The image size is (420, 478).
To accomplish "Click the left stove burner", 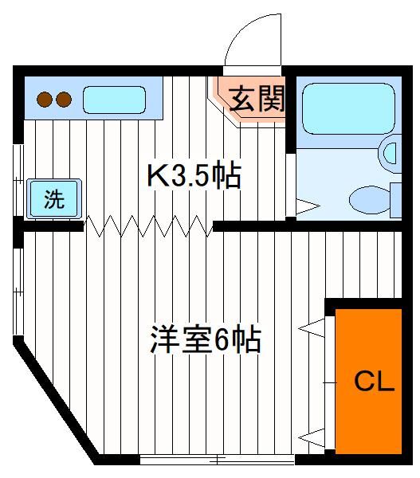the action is [45, 100].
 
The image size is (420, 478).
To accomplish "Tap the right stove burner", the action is [64, 100].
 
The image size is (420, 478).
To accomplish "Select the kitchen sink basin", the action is [114, 100].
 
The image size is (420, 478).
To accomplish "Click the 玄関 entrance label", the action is [256, 99].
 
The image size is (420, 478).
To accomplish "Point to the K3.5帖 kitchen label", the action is [194, 176].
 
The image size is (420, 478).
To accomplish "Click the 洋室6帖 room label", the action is [206, 339].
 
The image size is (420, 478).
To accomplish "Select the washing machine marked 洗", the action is [54, 198].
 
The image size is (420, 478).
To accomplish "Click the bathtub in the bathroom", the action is [348, 108].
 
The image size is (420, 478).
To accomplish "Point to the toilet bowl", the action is [370, 200].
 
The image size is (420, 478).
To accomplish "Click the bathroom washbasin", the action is [390, 153].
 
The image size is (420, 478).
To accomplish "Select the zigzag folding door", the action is [148, 226].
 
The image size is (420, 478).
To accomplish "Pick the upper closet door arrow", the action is [312, 328].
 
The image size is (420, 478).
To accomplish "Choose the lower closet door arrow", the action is [312, 437].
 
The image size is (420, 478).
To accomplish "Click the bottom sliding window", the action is [217, 460].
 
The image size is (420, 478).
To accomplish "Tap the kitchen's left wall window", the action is [18, 180].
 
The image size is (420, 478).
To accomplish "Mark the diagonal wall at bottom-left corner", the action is [56, 401].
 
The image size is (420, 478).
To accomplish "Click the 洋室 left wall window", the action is [18, 292].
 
